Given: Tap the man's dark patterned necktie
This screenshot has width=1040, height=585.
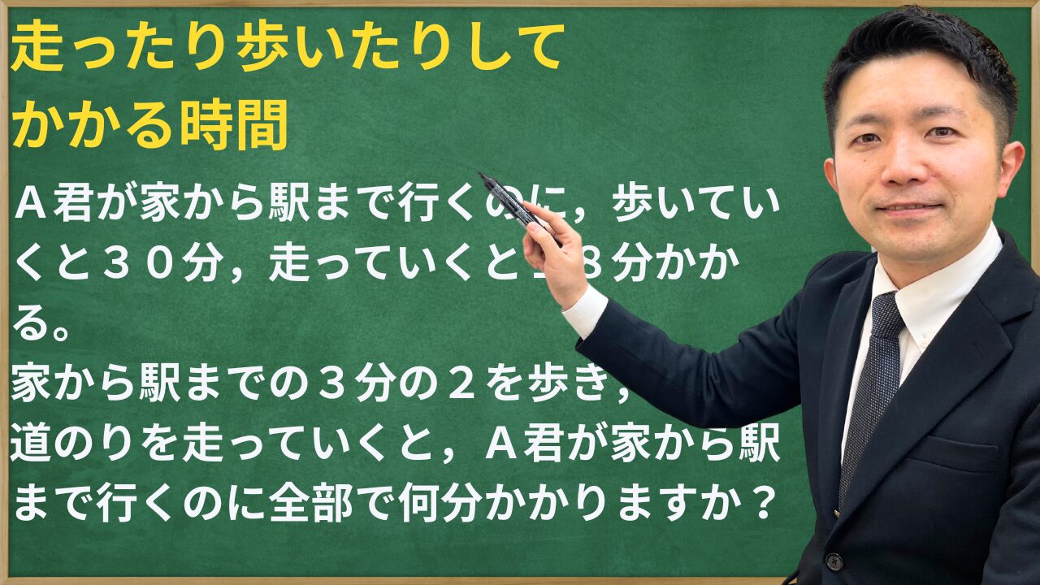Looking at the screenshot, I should click(873, 382).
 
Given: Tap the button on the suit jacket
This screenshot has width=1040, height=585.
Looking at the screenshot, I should click(833, 561).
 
